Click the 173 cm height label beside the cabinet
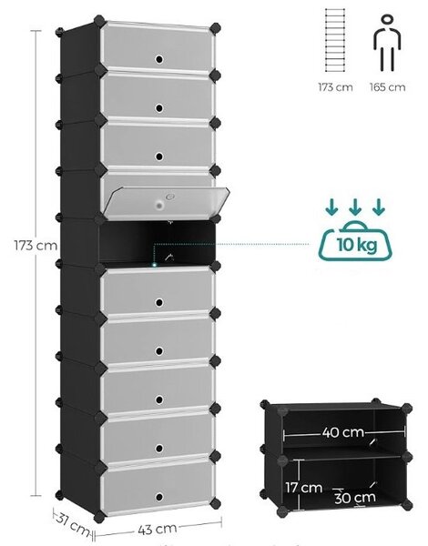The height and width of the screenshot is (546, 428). [x=36, y=245]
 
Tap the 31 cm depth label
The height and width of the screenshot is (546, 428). [x=73, y=523]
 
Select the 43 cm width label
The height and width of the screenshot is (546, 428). [x=157, y=530]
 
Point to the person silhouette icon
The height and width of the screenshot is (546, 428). [x=387, y=42]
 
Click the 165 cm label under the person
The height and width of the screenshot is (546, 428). [x=388, y=87]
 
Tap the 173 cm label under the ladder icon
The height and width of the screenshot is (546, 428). [x=335, y=87]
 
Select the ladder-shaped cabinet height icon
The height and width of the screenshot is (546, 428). [x=335, y=40]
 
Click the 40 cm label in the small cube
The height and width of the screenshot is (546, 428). [x=343, y=432]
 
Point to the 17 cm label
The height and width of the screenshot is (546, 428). [x=303, y=487]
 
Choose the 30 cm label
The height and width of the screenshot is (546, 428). [x=355, y=498]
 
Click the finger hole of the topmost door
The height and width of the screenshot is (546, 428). [x=159, y=59]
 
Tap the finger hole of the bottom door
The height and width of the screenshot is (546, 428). [x=159, y=497]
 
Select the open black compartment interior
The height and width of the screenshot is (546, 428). [x=156, y=241]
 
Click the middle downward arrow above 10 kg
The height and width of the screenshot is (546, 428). [x=355, y=207]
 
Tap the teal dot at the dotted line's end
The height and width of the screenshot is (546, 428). [x=154, y=265]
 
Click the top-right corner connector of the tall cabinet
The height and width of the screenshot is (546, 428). [x=216, y=28]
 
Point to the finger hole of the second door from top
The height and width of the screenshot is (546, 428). [x=159, y=108]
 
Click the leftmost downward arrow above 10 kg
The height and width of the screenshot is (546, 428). [x=331, y=207]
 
